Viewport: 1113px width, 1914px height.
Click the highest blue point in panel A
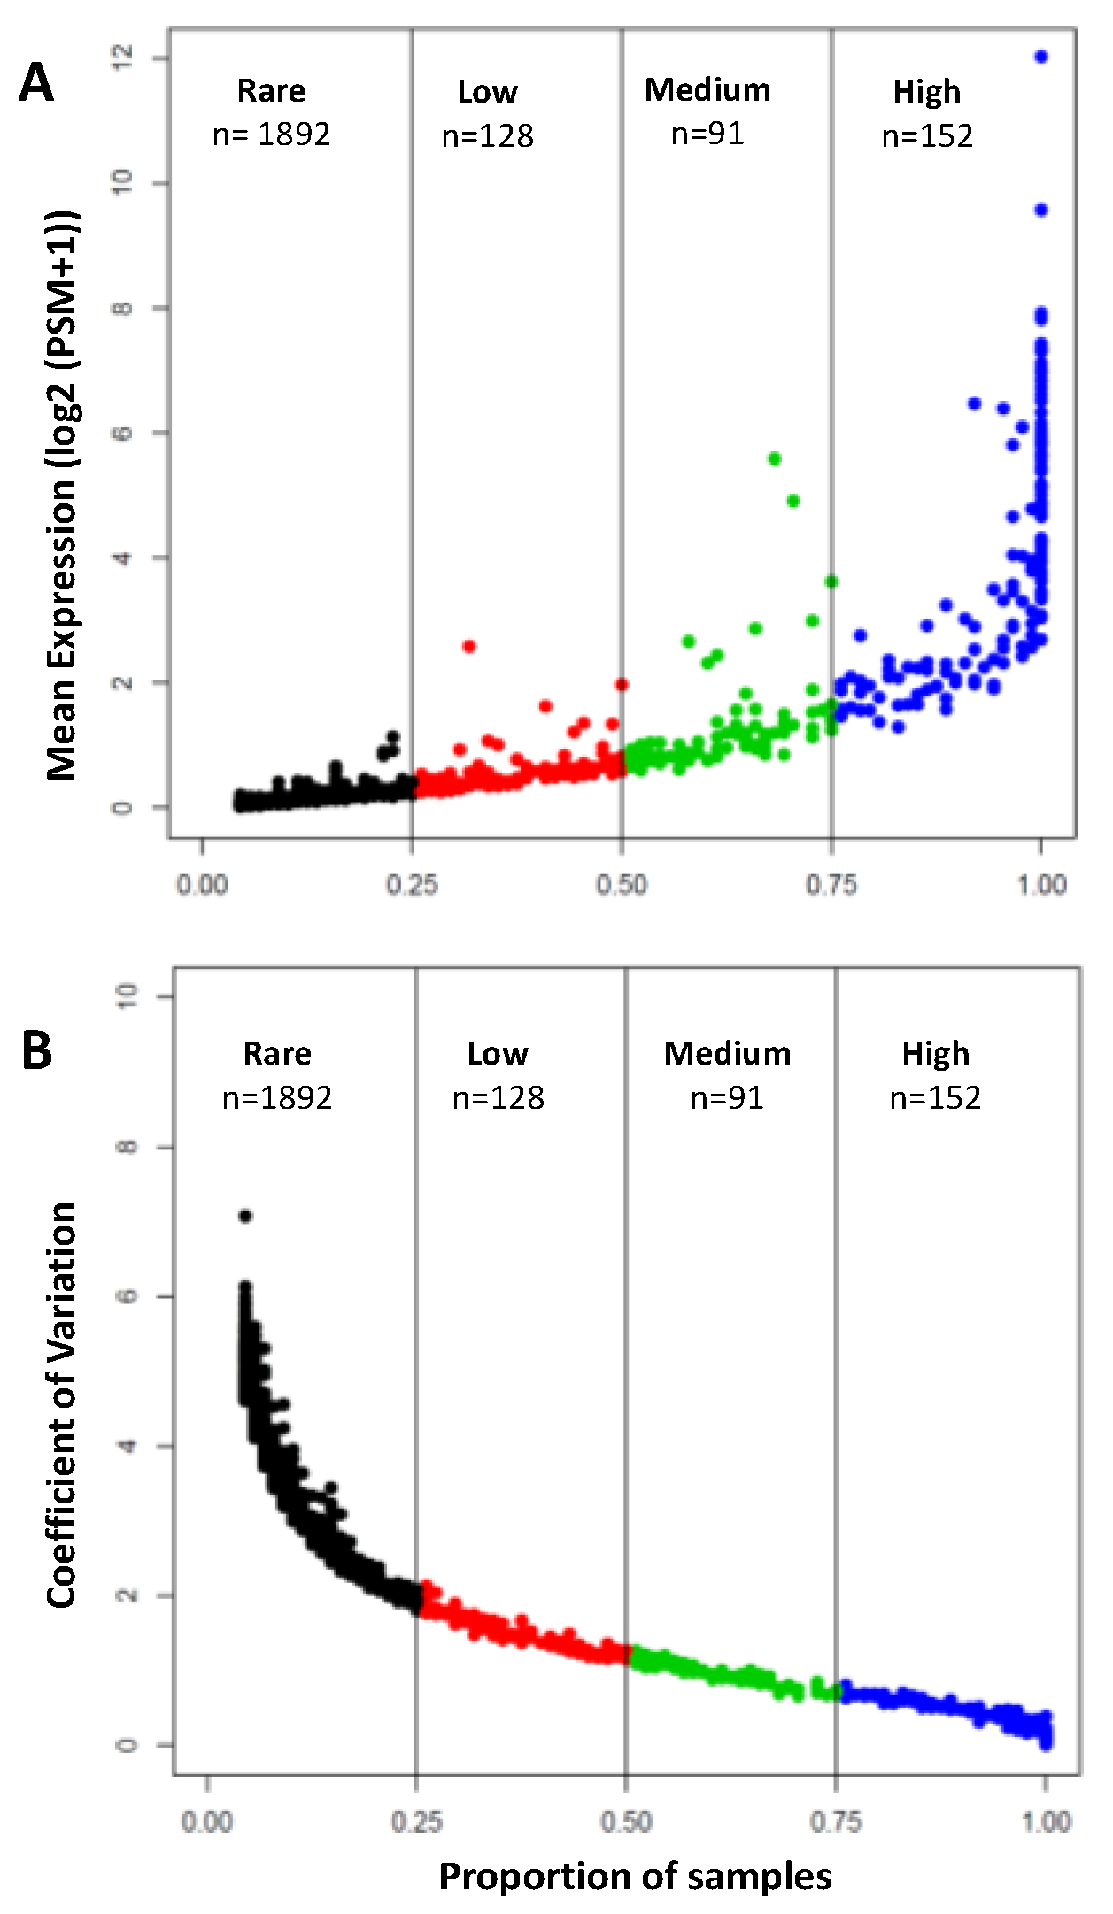click(x=1041, y=57)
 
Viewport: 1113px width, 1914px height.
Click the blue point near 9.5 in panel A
click(x=1041, y=210)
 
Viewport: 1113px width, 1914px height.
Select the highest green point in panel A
click(x=775, y=458)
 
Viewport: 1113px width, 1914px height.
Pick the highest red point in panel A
click(x=469, y=646)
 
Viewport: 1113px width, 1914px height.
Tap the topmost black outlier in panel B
click(x=245, y=1216)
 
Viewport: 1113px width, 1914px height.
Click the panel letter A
click(x=36, y=84)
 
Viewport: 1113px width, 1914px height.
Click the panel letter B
click(x=36, y=1050)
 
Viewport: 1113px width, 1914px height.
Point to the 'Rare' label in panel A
click(x=271, y=90)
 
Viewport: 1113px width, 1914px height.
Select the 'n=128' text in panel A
click(x=487, y=135)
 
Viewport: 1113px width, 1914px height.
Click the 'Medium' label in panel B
click(x=727, y=1053)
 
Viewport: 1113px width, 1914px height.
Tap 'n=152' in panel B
click(x=935, y=1098)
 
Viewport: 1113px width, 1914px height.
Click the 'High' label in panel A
click(x=926, y=91)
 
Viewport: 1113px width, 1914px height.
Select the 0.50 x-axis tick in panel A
click(x=622, y=884)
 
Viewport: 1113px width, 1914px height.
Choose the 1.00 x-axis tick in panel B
click(x=1046, y=1822)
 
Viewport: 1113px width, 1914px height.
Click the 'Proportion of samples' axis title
click(x=635, y=1876)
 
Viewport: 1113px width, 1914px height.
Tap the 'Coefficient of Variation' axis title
click(x=62, y=1404)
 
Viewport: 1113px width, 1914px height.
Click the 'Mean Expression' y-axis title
click(x=62, y=496)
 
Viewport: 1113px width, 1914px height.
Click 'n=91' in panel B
click(x=727, y=1098)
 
